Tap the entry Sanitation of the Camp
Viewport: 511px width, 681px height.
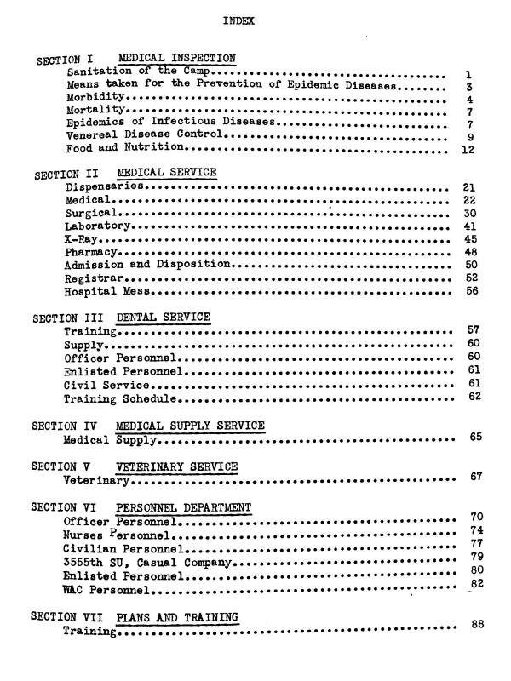[x=134, y=72]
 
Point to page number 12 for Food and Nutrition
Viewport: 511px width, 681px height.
[x=466, y=151]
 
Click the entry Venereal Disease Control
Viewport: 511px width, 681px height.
[x=144, y=134]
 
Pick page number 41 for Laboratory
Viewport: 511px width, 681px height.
[x=468, y=226]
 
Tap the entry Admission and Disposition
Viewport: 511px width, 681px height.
[x=148, y=265]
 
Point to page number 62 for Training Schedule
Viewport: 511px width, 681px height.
[x=475, y=398]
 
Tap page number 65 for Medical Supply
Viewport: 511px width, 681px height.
[x=476, y=438]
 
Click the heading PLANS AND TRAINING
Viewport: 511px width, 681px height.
[x=177, y=616]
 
